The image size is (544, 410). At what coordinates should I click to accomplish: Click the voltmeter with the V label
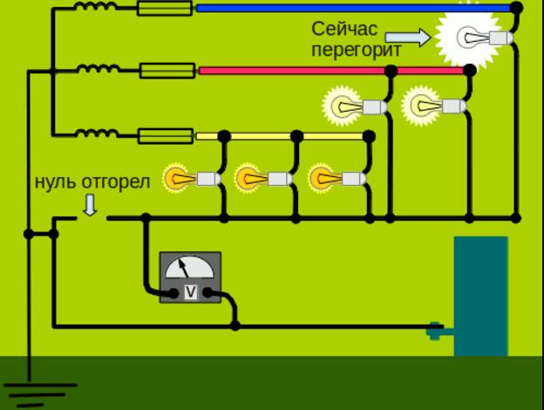pos(190,277)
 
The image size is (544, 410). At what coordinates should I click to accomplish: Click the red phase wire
pos(331,70)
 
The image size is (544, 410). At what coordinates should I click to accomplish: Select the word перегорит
pos(356,50)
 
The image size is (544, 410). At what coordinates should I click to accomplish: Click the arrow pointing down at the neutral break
pos(91,205)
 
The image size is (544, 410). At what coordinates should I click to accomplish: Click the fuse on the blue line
pos(166,9)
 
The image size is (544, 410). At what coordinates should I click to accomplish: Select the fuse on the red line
pos(166,70)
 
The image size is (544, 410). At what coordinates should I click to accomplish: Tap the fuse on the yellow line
pos(166,136)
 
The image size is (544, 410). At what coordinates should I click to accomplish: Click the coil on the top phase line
pos(97,8)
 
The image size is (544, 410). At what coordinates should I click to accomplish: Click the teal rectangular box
pos(480,297)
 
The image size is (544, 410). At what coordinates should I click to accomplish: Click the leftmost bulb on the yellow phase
pos(186,179)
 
